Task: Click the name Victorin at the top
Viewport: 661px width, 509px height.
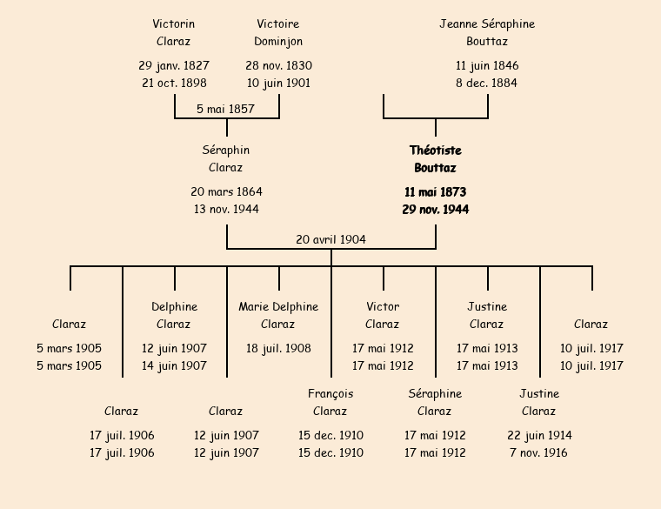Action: pos(174,24)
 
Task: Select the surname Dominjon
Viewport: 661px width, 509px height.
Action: pos(278,42)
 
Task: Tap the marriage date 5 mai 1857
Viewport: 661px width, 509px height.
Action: pos(225,110)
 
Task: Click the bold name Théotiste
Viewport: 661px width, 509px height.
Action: pos(435,151)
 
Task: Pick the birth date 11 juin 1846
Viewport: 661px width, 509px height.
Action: pos(487,66)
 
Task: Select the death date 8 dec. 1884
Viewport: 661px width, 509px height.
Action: pos(487,84)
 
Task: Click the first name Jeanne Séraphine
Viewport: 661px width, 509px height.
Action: pos(487,24)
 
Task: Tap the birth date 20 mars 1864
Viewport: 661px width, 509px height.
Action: pos(226,192)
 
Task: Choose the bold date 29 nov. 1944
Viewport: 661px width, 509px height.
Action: pos(435,210)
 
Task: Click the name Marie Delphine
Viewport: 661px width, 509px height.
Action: pos(278,307)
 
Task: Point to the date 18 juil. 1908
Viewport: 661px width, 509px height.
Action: pos(278,349)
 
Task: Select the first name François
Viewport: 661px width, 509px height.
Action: pos(330,394)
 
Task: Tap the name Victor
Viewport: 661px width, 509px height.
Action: pos(383,307)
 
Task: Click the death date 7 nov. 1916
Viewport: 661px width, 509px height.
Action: pos(539,453)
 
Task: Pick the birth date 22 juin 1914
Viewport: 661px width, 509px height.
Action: pos(539,436)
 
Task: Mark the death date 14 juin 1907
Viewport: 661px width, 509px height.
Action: pos(174,366)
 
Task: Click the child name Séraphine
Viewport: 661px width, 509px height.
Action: pos(435,394)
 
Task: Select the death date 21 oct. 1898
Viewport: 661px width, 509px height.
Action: pos(174,84)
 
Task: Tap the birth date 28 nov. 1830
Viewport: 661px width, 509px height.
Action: pos(278,66)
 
